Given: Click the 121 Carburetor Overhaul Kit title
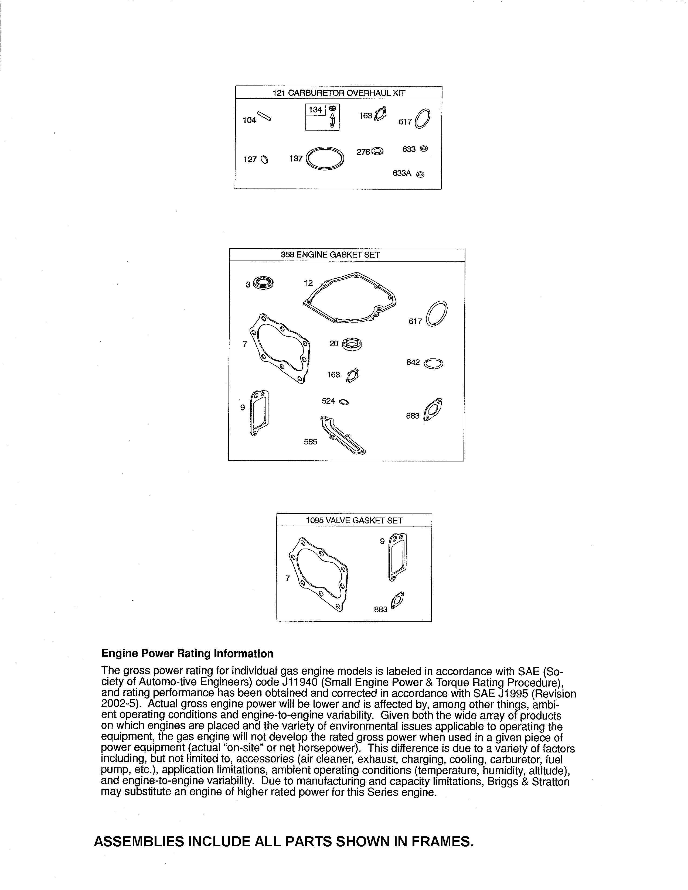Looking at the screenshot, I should [x=339, y=93].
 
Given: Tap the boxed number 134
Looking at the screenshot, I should [x=315, y=109].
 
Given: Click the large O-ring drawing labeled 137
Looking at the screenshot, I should [x=325, y=159].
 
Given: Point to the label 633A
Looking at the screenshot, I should [x=402, y=173].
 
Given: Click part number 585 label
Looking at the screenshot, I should [x=310, y=442].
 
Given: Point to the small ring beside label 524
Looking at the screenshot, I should [x=343, y=402].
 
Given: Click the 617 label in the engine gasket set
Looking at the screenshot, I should [x=415, y=321].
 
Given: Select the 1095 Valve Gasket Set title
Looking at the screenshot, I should [x=354, y=521].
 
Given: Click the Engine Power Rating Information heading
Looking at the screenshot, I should [x=187, y=654].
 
